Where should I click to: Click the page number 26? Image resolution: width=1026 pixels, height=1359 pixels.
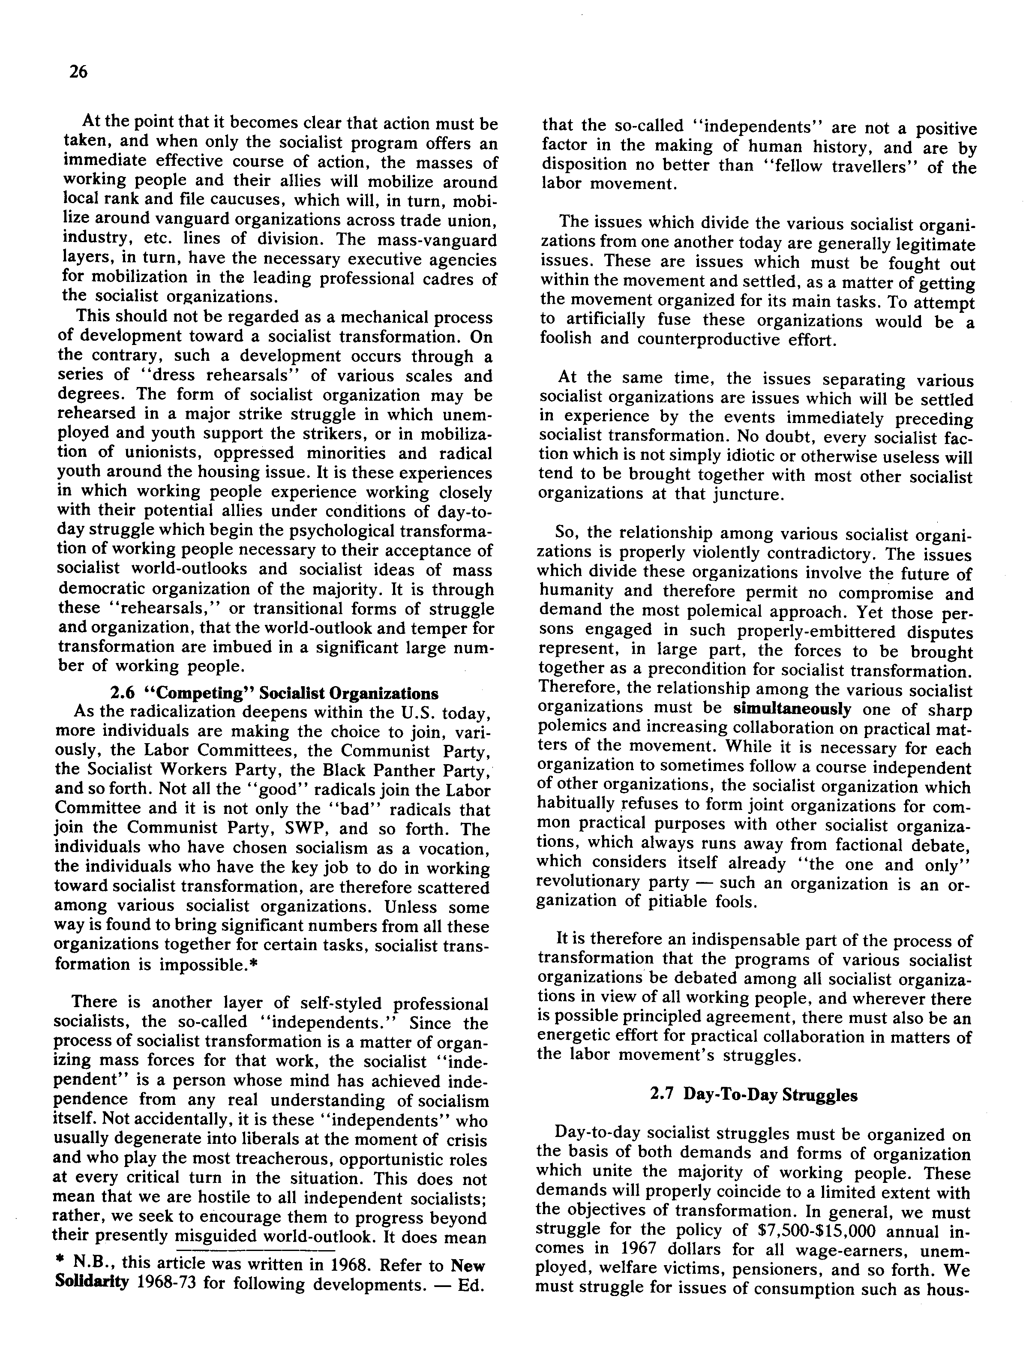[78, 72]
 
